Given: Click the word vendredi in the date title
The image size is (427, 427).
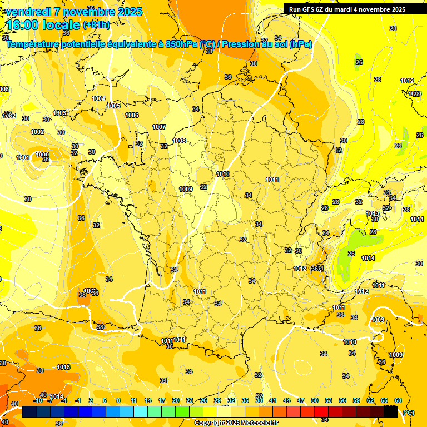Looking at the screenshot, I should tap(31, 12).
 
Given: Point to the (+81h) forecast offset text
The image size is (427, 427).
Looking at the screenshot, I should tap(96, 25).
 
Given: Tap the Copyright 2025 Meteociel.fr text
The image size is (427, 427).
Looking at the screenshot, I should tap(236, 423).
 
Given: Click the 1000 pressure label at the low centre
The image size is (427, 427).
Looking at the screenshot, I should tap(42, 155).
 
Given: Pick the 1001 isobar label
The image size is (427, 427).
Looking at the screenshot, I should tap(23, 158).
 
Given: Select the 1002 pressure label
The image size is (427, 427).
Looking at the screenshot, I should tap(38, 132).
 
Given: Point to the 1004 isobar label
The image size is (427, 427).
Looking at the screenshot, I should tap(98, 98).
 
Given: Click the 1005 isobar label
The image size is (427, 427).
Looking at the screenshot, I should tap(113, 106).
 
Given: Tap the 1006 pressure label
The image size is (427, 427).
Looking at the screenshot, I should tap(132, 115).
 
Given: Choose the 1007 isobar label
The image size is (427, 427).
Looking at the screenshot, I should tap(159, 127).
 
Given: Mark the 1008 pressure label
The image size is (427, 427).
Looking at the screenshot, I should tap(179, 141).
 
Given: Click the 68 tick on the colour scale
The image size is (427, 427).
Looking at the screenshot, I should tap(398, 400).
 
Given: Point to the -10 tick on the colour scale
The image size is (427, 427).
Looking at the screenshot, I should tap(38, 400).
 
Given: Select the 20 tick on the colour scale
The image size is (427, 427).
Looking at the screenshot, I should tap(176, 400).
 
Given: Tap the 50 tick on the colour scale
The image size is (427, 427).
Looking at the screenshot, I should tap(315, 400).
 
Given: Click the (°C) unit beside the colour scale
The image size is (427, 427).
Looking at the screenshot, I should tap(409, 412).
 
